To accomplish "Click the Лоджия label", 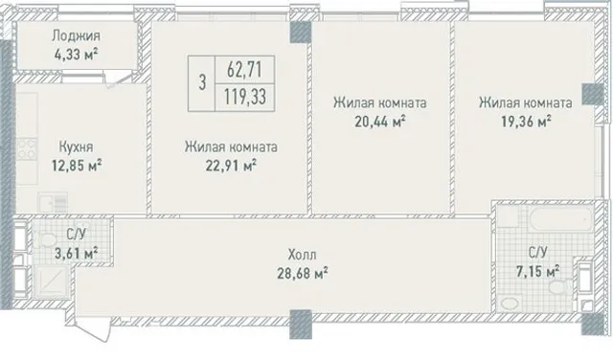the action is [77, 36].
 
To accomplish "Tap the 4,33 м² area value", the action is [77, 54].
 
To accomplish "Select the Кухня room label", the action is [77, 147].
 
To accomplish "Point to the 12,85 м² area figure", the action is [77, 166].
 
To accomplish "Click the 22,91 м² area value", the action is [231, 166].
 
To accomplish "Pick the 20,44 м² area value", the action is [379, 122].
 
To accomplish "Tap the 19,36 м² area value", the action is [526, 122].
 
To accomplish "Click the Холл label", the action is [303, 255].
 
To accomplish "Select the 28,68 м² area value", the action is [303, 273].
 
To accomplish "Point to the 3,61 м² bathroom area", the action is [77, 254].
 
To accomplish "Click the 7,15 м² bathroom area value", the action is [538, 271].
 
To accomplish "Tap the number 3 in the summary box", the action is [202, 83].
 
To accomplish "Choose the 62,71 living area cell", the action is [245, 70].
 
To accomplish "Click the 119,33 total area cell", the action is [245, 97].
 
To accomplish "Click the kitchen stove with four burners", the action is [27, 149].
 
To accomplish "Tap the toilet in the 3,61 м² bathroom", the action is [48, 239].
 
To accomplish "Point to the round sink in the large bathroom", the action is [510, 304].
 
